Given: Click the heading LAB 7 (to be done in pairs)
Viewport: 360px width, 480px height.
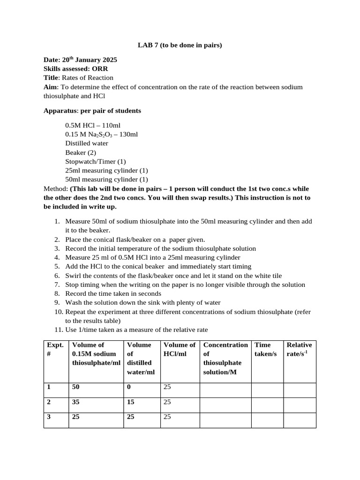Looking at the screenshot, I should (180, 45).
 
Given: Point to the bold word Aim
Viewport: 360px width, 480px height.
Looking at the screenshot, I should (50, 87).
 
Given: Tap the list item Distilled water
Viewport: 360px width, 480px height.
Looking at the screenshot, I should (87, 143).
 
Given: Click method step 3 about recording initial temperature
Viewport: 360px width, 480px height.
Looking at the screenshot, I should (160, 248).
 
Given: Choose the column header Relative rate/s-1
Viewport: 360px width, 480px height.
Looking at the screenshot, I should (299, 349).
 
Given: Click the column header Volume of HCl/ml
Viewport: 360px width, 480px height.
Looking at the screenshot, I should (180, 349).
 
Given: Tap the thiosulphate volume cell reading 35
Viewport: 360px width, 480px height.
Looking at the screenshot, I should (76, 402).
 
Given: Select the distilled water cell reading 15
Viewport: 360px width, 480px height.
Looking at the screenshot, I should (131, 402).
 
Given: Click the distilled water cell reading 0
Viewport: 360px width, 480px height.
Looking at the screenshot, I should (129, 387).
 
